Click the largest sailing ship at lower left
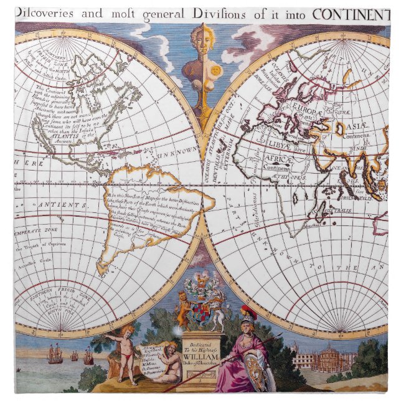(x=55, y=354)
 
